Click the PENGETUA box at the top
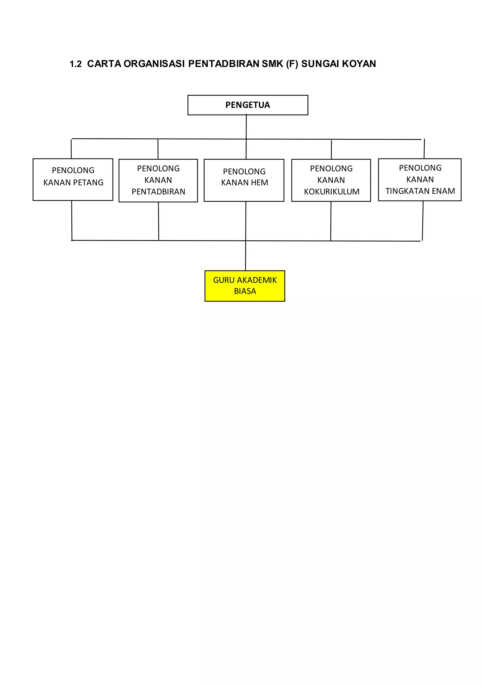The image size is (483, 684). (x=248, y=105)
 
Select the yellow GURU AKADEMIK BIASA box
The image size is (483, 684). (x=245, y=286)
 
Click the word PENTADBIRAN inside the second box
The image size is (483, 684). (x=158, y=192)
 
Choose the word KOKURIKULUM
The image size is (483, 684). (x=331, y=192)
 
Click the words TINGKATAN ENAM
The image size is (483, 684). (x=420, y=191)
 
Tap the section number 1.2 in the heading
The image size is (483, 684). (x=75, y=64)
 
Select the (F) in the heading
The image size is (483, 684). (x=292, y=64)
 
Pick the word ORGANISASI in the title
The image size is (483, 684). (x=154, y=64)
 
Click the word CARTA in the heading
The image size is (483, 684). (x=104, y=64)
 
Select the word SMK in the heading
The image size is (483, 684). (x=272, y=64)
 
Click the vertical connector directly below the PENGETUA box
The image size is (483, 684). (x=246, y=127)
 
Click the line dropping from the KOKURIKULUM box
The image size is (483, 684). (x=331, y=221)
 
